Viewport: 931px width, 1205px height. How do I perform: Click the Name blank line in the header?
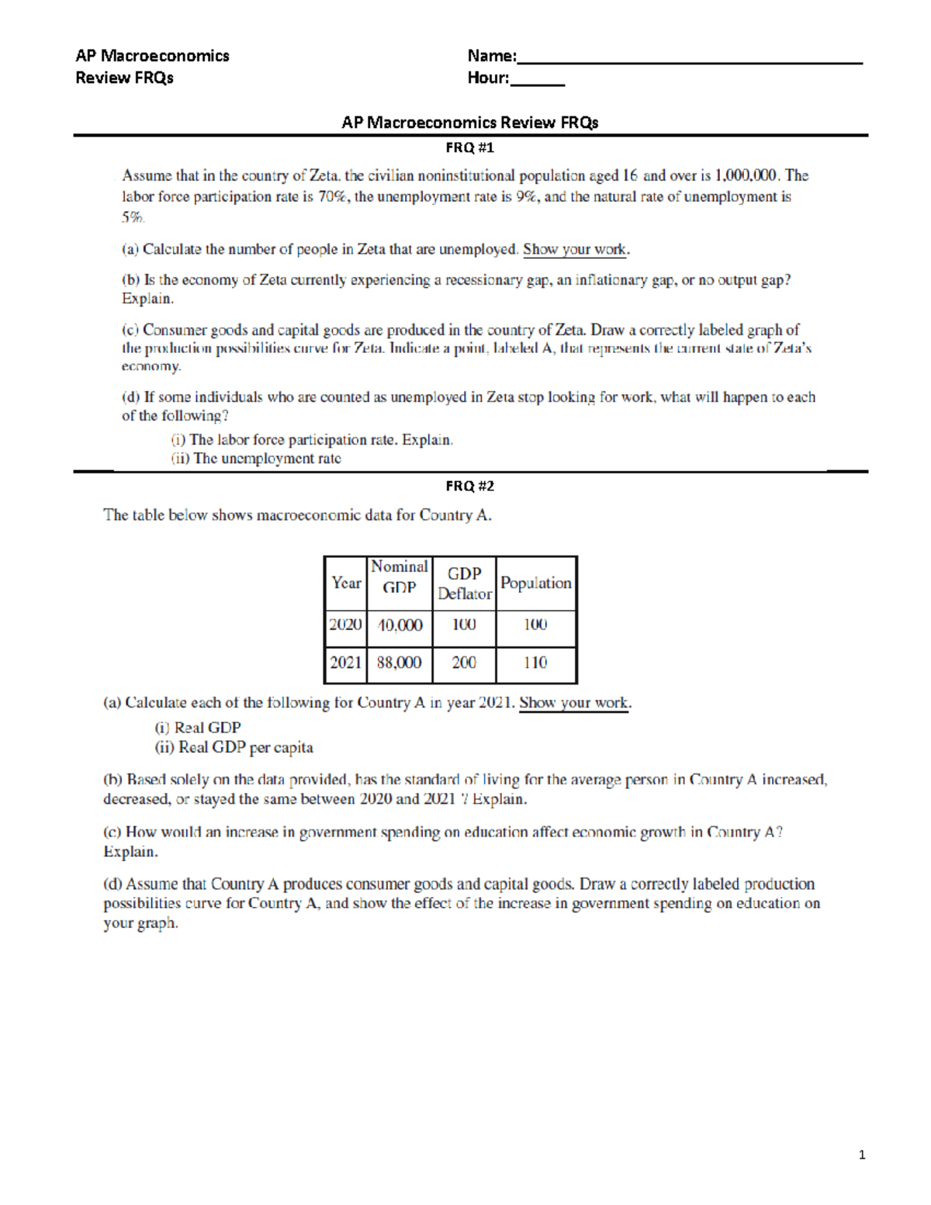[x=689, y=59]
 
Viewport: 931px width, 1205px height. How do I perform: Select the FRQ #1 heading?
[x=469, y=147]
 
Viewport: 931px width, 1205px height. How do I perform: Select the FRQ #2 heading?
[x=469, y=486]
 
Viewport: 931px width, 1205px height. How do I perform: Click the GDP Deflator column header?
[x=464, y=583]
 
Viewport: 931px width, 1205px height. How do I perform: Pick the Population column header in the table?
[x=535, y=583]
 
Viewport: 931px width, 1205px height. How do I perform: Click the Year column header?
[x=346, y=583]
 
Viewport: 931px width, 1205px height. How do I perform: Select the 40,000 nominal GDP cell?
[x=400, y=625]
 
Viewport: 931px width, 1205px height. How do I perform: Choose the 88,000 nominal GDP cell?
[x=400, y=663]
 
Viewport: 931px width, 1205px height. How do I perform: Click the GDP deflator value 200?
[x=464, y=663]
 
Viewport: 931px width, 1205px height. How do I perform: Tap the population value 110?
[x=535, y=663]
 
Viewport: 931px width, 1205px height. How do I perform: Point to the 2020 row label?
[x=345, y=625]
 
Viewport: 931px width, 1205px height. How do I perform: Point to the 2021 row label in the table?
[x=345, y=663]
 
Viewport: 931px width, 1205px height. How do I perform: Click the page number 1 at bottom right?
[x=862, y=1155]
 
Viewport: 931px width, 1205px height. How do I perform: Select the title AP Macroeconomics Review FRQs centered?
[x=469, y=123]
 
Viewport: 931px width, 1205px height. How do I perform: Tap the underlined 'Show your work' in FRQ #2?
[x=573, y=703]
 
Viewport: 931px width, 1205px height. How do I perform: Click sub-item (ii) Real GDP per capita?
[x=234, y=748]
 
